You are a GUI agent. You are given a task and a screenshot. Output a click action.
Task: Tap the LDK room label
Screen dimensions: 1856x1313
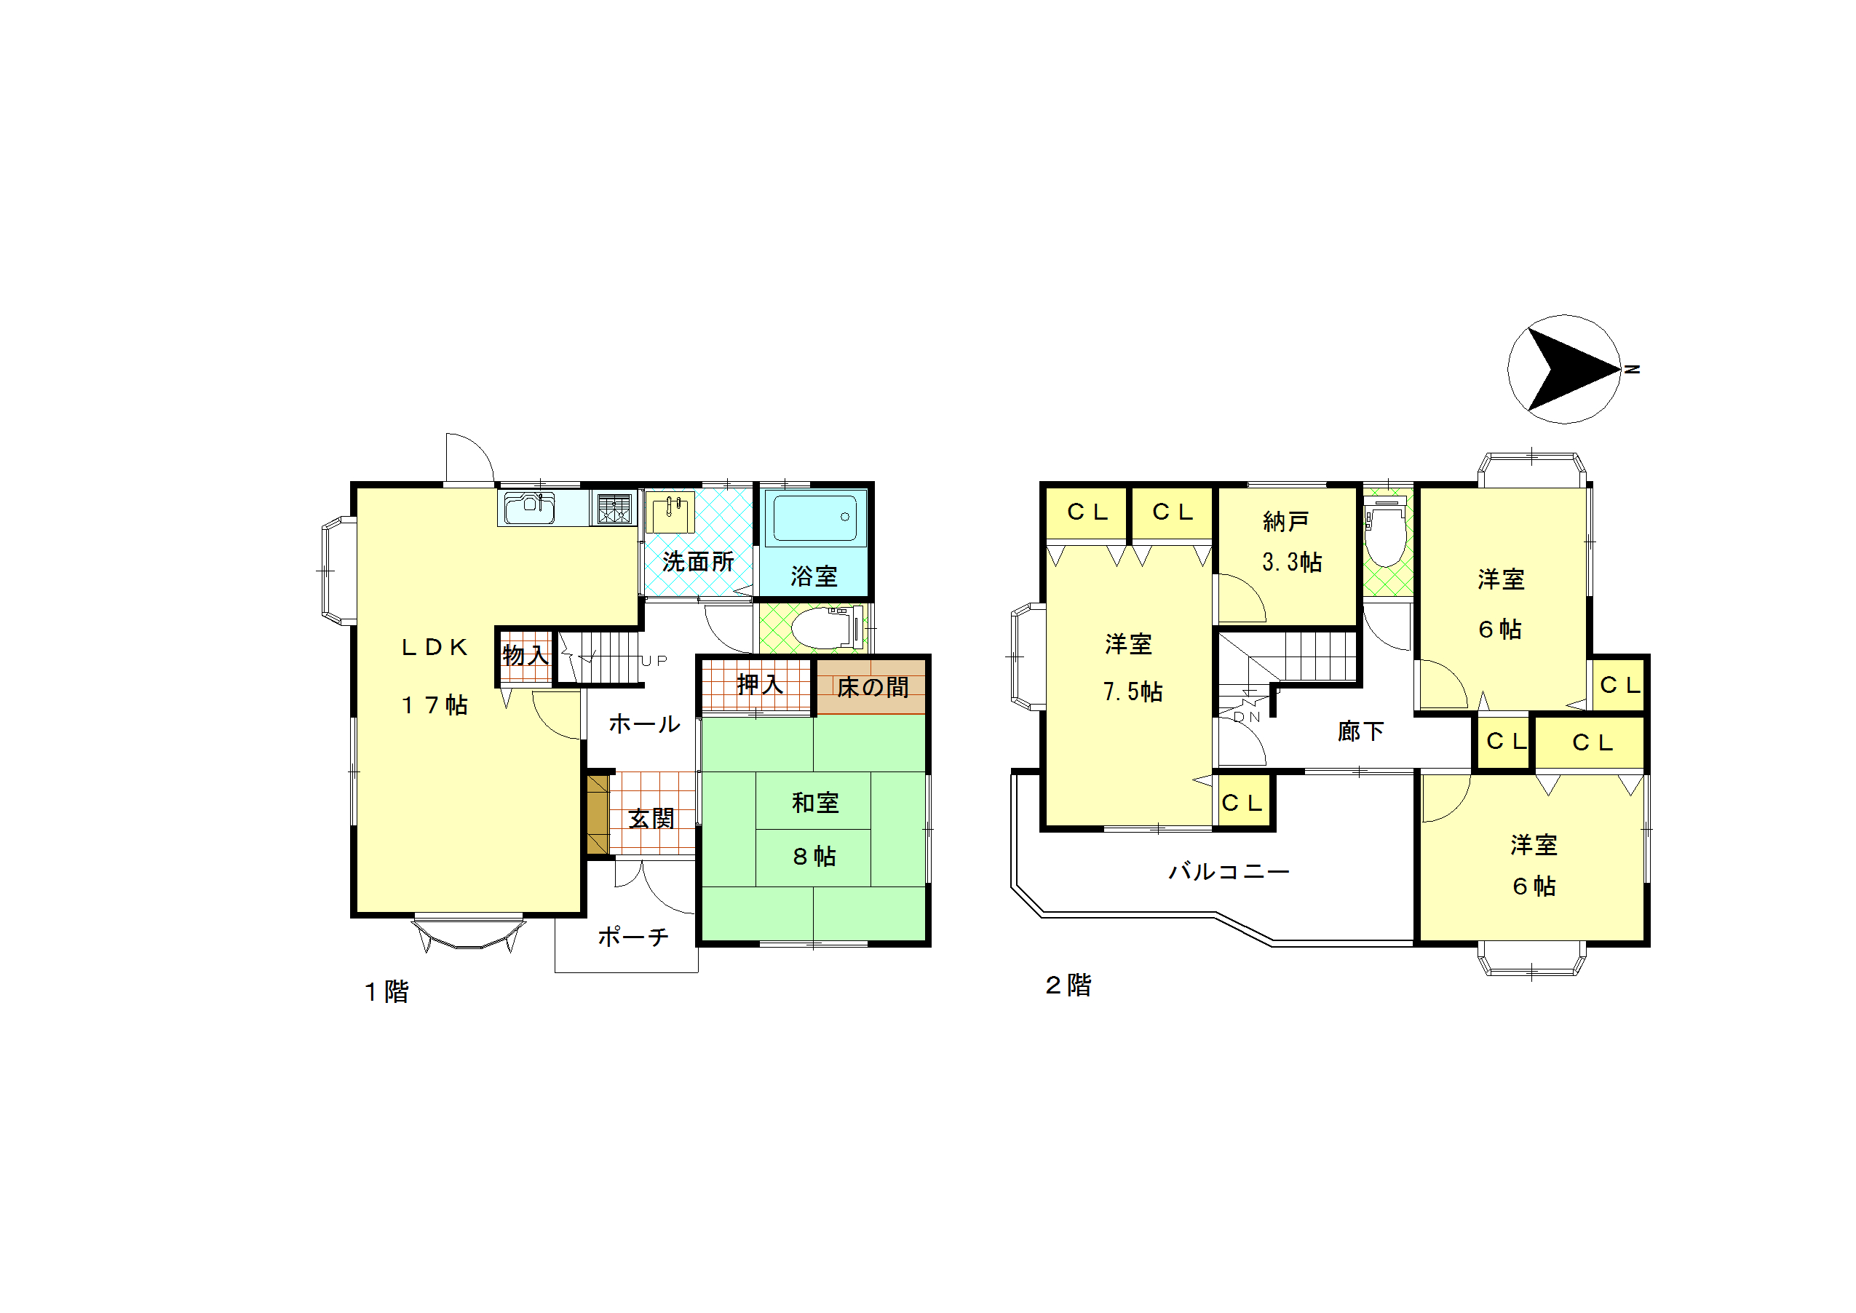coord(435,648)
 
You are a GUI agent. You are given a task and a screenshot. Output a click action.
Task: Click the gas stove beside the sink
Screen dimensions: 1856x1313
coord(614,509)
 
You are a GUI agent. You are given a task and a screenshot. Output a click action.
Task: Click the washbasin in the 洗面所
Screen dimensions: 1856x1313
coord(670,512)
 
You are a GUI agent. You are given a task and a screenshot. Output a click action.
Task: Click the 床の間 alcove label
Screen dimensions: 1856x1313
coord(872,687)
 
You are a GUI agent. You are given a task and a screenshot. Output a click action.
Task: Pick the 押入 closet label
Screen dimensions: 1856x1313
coord(760,685)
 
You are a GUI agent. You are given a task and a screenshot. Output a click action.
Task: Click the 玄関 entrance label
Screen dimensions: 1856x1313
coord(651,818)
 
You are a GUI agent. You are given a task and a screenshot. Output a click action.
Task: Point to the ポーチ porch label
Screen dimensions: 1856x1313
coord(633,936)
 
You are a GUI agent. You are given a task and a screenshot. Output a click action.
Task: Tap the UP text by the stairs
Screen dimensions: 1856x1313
coord(655,661)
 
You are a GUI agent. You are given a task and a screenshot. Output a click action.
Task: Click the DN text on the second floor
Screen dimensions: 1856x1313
coord(1247,716)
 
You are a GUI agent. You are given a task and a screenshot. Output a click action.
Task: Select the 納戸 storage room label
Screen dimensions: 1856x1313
coord(1286,521)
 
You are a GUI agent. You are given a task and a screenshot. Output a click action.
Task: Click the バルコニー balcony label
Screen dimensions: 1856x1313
coord(1229,871)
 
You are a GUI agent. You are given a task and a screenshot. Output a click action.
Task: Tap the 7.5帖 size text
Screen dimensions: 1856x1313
coord(1133,691)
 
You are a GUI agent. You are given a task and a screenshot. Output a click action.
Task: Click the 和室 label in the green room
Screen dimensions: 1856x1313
coord(816,803)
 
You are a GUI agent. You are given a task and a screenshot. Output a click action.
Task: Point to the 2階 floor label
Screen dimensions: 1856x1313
coord(1068,985)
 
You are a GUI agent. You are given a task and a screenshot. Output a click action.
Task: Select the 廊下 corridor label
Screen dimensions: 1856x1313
coord(1361,731)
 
